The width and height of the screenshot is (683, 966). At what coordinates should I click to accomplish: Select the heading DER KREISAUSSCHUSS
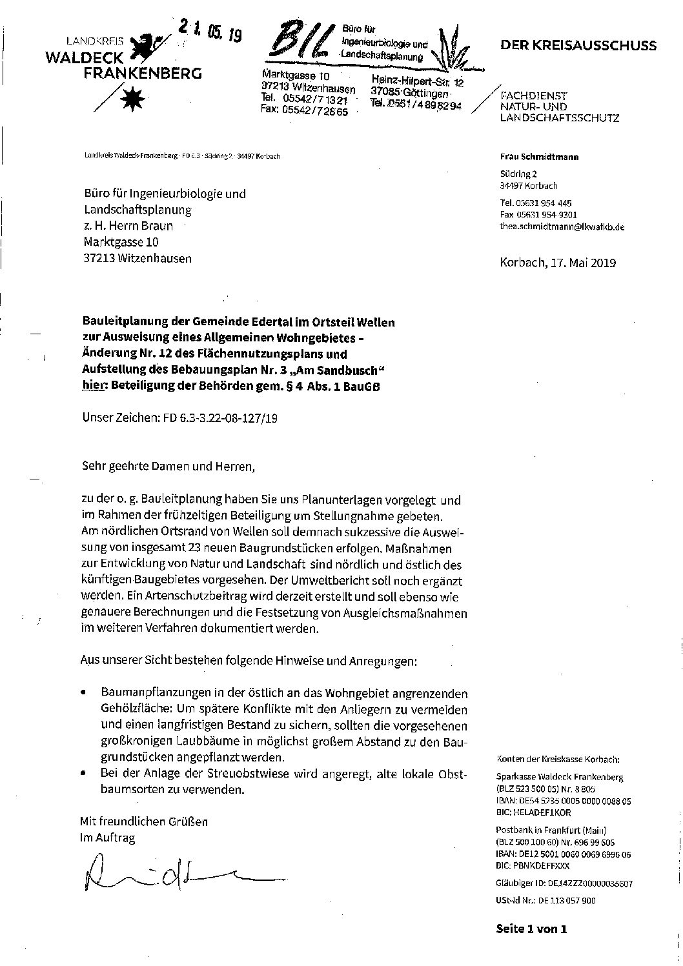pos(578,45)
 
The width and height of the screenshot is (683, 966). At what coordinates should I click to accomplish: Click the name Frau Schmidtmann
pos(530,157)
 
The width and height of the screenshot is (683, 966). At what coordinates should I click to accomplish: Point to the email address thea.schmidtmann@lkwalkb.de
pos(553,227)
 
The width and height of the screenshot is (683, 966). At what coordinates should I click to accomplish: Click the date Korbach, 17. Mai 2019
pos(558,263)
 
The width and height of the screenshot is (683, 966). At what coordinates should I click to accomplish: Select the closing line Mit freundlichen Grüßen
pos(144,822)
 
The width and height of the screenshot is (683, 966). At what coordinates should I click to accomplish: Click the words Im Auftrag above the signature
pos(107,838)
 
